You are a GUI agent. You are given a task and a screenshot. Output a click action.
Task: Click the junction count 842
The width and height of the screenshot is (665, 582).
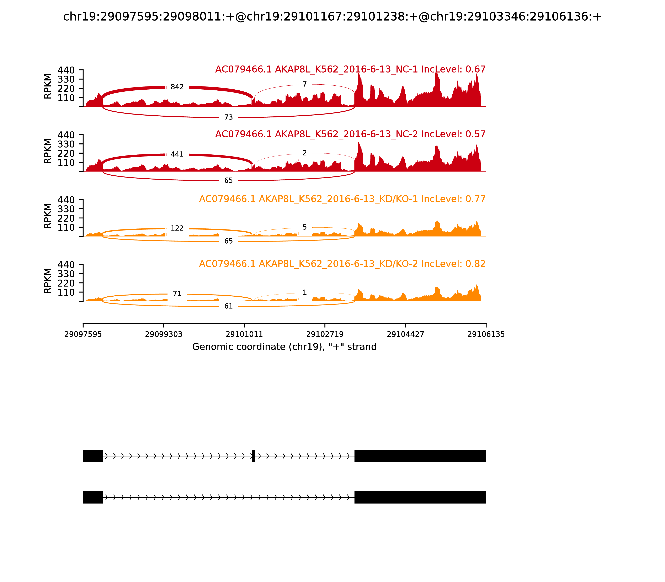[177, 87]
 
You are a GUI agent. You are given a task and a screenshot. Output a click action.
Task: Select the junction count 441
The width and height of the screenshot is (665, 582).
[177, 154]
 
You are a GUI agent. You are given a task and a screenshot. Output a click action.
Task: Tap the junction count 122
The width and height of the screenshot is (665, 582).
[177, 228]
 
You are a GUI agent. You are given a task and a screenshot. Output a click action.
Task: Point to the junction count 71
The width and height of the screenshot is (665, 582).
[177, 293]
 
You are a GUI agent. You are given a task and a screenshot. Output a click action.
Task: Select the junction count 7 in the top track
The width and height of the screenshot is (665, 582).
[305, 84]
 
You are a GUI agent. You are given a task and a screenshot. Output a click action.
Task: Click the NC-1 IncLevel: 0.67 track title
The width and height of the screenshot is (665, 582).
[350, 69]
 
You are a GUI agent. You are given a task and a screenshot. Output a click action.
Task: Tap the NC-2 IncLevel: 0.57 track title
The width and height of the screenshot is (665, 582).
[350, 134]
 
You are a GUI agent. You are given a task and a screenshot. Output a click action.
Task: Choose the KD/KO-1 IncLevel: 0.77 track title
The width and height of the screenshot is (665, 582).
[342, 199]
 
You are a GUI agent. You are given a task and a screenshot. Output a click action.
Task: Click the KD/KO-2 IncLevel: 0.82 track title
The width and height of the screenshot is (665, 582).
[342, 264]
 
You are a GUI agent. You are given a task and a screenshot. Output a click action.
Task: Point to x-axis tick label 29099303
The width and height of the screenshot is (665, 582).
[164, 334]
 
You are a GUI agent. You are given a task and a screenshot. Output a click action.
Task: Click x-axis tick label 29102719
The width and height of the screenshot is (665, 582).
[325, 334]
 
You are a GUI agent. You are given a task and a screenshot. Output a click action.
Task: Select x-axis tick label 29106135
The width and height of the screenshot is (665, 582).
[486, 334]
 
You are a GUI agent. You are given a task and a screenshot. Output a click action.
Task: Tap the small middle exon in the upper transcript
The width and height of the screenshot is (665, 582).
[253, 456]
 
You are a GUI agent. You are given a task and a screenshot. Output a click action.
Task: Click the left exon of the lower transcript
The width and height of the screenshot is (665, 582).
[93, 497]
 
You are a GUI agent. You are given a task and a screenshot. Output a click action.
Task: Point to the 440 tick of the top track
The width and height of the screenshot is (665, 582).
[66, 70]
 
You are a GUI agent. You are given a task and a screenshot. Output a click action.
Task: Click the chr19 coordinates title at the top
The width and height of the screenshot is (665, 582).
[332, 17]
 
